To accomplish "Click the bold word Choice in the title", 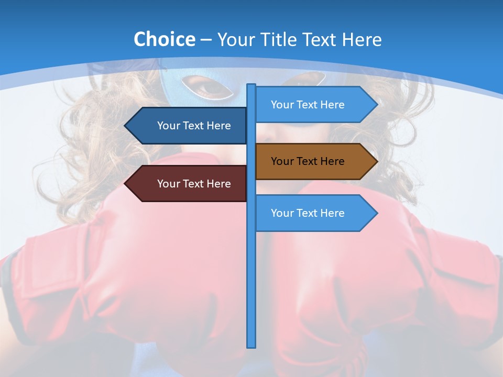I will click(164, 39).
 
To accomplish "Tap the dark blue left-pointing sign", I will click(189, 126).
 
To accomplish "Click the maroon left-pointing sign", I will click(189, 184).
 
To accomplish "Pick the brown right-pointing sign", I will click(312, 161).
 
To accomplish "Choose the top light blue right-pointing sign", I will click(312, 105).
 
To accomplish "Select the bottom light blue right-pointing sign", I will click(312, 213).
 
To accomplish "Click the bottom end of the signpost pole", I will click(251, 346).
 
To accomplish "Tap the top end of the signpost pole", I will click(251, 85).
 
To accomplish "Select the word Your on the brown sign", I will click(282, 161).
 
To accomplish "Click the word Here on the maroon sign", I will click(218, 184).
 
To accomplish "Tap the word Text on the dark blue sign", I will click(193, 126).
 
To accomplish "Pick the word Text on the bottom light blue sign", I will click(307, 213).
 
